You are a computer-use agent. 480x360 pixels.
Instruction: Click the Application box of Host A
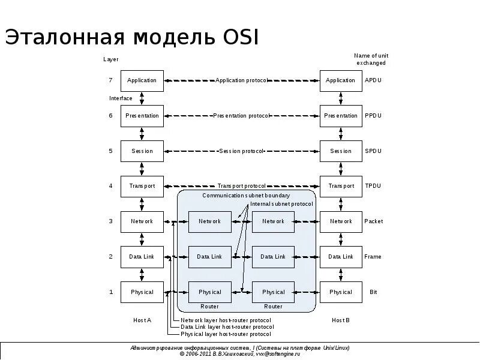[142, 80]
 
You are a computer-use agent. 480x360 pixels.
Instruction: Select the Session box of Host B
[341, 151]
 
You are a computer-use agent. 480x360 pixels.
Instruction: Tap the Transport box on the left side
[142, 186]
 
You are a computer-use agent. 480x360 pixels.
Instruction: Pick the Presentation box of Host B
[341, 116]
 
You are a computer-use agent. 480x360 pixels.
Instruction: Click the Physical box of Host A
[142, 292]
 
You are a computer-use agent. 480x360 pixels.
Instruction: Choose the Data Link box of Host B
[341, 257]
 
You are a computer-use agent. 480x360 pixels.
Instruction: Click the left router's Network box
[209, 221]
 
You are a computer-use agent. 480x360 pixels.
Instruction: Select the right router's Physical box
[273, 292]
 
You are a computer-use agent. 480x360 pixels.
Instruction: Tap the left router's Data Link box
[209, 257]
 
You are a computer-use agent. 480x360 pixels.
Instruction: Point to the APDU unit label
[373, 80]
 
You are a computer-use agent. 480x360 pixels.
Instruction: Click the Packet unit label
[373, 221]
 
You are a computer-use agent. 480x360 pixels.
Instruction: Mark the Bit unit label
[373, 292]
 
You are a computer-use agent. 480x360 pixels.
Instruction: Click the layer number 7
[110, 80]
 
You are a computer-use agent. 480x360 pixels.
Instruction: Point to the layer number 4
[110, 186]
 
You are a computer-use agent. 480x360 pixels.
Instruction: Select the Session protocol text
[241, 151]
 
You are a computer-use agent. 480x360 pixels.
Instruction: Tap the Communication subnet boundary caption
[246, 196]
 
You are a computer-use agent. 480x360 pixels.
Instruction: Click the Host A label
[142, 320]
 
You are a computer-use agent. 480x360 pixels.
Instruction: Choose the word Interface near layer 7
[121, 98]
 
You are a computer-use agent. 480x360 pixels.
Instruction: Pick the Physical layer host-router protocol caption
[226, 334]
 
